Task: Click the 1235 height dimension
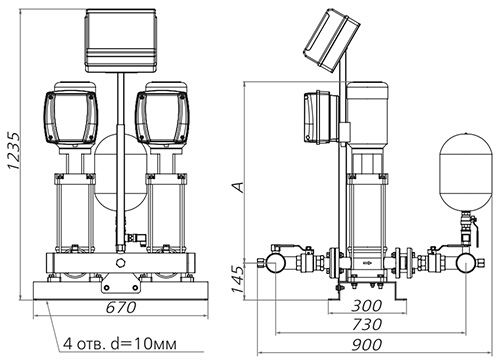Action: point(14,151)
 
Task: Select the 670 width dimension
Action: point(121,307)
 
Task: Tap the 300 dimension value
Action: point(367,306)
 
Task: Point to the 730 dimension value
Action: point(367,324)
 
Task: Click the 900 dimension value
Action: point(367,345)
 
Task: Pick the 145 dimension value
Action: point(239,279)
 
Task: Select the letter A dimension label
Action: point(239,187)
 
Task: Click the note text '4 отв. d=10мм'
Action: point(120,344)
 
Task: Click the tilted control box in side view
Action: point(332,39)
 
